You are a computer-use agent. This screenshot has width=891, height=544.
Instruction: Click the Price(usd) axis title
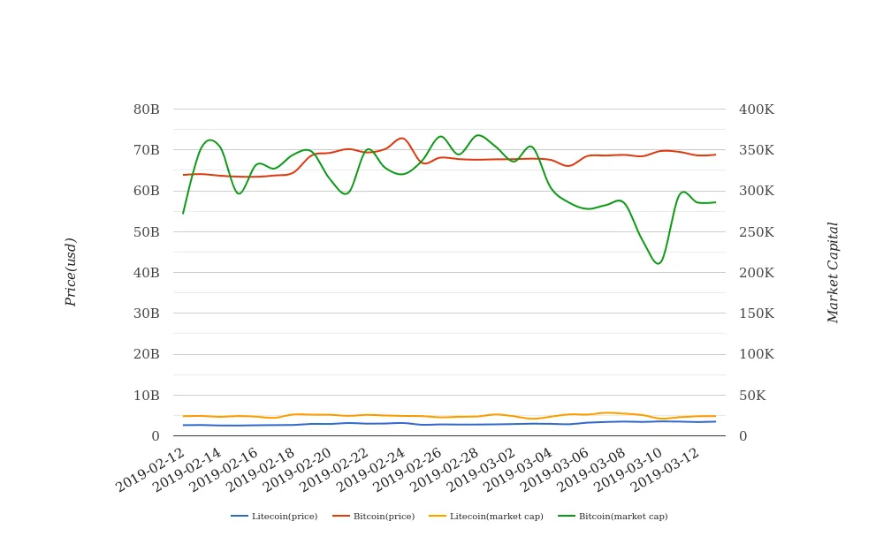pyautogui.click(x=71, y=272)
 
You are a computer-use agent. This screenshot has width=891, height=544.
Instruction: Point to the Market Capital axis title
pyautogui.click(x=833, y=272)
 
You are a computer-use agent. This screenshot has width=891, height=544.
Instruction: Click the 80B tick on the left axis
pyautogui.click(x=146, y=110)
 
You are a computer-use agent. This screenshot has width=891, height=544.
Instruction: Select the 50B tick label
pyautogui.click(x=146, y=232)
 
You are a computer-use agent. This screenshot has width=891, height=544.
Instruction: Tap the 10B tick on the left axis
pyautogui.click(x=146, y=395)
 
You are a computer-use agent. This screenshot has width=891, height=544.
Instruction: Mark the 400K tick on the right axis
pyautogui.click(x=757, y=110)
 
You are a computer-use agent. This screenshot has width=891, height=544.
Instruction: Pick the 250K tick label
pyautogui.click(x=757, y=232)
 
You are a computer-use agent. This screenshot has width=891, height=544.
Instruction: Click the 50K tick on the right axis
pyautogui.click(x=753, y=395)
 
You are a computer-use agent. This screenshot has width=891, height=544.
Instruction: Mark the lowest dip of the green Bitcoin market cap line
pyautogui.click(x=658, y=263)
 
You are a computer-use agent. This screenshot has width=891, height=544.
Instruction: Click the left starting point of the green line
pyautogui.click(x=183, y=213)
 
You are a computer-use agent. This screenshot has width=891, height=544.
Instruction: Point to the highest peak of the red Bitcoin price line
pyautogui.click(x=402, y=138)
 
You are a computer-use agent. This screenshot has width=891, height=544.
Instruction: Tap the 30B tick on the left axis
pyautogui.click(x=146, y=314)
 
